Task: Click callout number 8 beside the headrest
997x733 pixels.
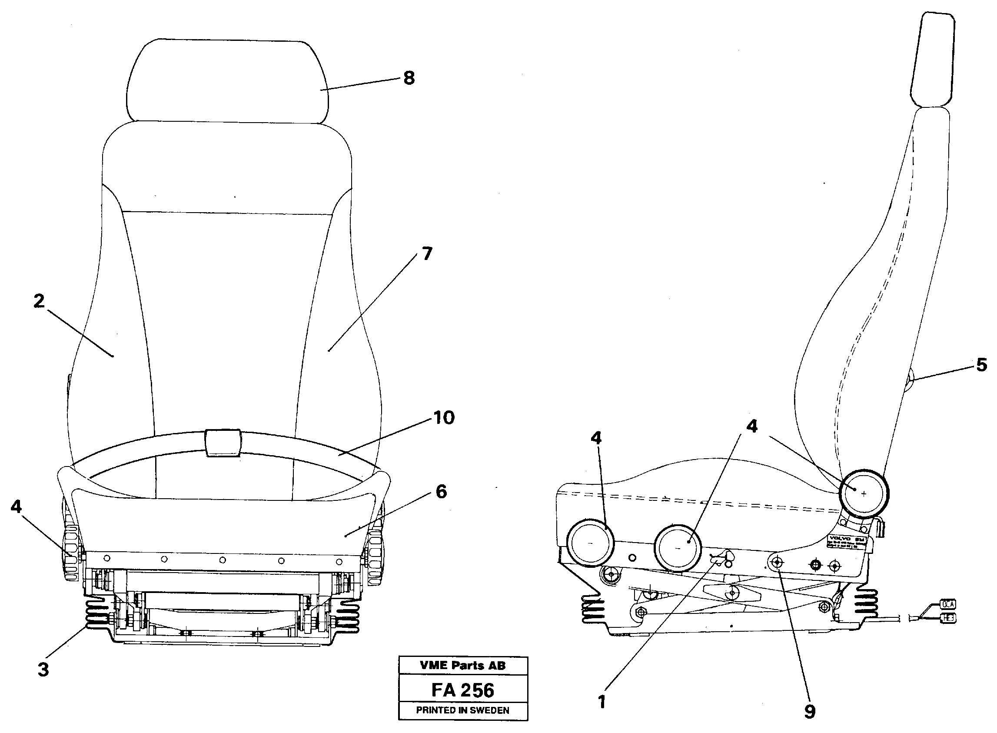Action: (409, 79)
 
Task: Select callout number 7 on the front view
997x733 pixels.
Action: (426, 254)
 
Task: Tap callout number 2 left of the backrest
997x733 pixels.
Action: (39, 301)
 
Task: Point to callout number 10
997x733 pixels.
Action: (444, 417)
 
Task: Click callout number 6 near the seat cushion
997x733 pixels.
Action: (441, 492)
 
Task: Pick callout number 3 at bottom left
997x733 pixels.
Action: (43, 670)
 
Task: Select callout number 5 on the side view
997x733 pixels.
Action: (981, 365)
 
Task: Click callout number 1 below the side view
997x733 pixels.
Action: (602, 703)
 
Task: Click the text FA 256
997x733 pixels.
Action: (462, 690)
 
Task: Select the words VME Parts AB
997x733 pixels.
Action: (462, 666)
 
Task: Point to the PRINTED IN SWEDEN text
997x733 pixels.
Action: (462, 710)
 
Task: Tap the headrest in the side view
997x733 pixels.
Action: (932, 60)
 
